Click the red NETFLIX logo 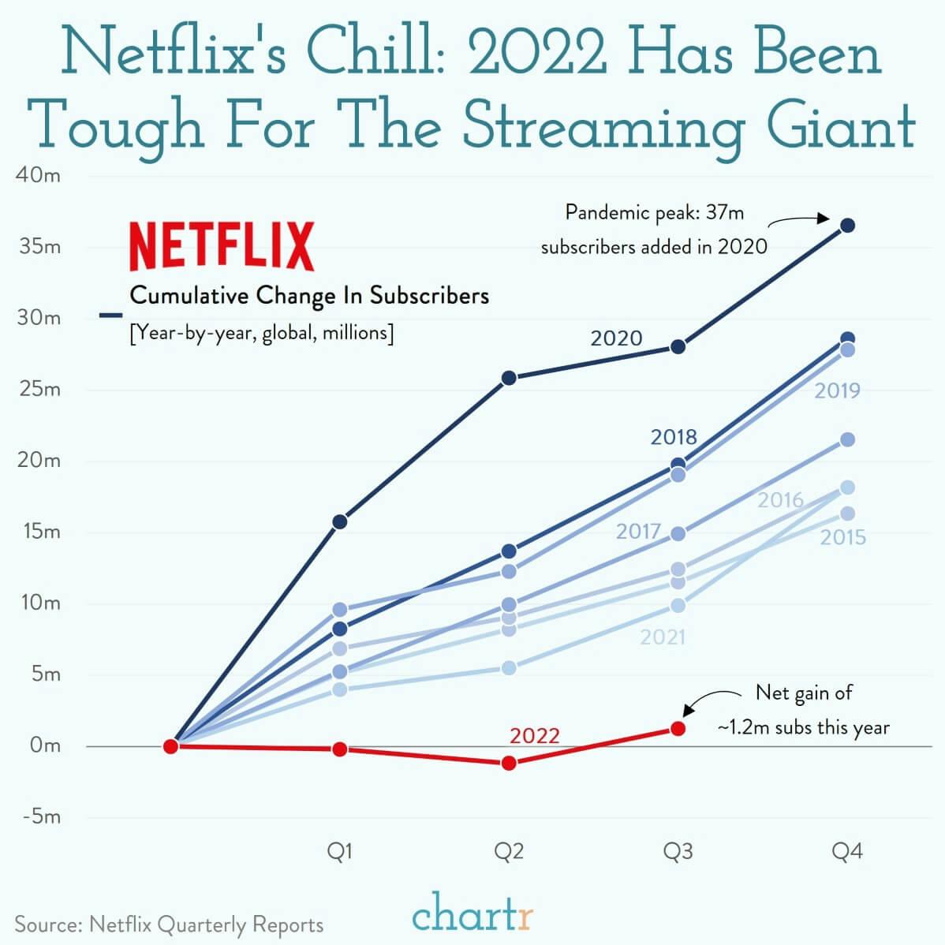(221, 247)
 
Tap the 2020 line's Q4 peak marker (847, 226)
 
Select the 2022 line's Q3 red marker (678, 728)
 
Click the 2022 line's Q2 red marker (509, 763)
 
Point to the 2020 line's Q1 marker (340, 521)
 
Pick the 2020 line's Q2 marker (509, 378)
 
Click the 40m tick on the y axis (38, 175)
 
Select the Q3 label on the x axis (678, 852)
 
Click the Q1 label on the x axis (340, 852)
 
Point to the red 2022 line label (534, 736)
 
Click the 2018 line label (674, 437)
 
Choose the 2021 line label (663, 637)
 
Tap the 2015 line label (842, 538)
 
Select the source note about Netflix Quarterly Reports (169, 924)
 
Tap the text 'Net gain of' (804, 693)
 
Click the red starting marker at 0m (170, 746)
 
